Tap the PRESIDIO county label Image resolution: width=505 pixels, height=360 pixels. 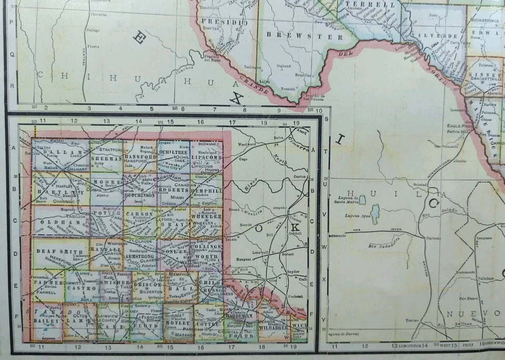point(221,23)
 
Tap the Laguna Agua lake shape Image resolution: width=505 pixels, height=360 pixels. point(375,214)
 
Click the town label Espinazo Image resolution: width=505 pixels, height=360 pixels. point(434,238)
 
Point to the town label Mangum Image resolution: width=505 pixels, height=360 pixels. point(245,259)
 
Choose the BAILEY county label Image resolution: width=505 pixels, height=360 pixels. point(42,320)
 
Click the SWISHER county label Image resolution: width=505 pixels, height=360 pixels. point(113,283)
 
